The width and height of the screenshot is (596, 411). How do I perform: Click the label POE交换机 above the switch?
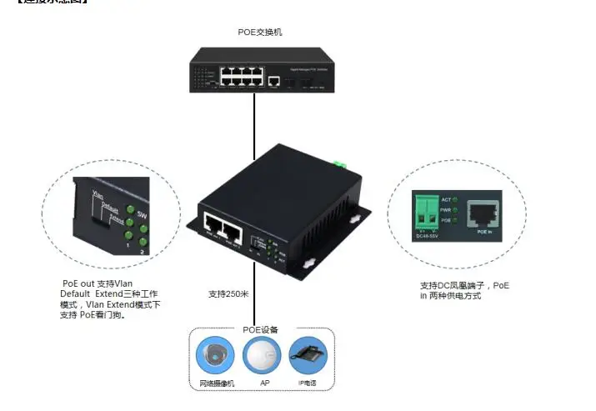click(261, 32)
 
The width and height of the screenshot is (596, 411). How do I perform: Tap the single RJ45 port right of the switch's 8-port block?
click(274, 81)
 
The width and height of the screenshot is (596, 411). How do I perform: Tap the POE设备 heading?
click(261, 330)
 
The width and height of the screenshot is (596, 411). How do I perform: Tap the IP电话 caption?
click(308, 383)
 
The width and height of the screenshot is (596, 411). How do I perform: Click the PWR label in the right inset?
click(447, 209)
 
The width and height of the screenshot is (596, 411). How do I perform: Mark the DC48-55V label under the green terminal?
click(428, 236)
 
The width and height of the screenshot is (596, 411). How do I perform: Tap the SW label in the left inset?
click(143, 214)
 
